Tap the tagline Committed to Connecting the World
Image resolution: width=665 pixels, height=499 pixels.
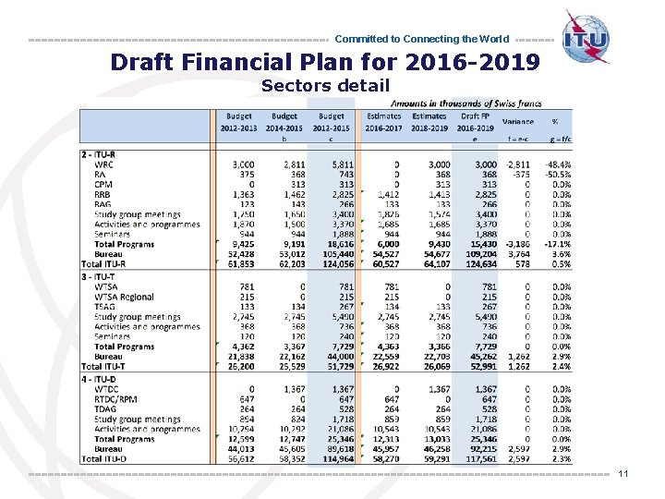(421, 39)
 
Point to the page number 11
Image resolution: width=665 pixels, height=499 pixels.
(623, 474)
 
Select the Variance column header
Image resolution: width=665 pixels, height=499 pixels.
(517, 122)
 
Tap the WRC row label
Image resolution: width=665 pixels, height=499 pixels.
(103, 164)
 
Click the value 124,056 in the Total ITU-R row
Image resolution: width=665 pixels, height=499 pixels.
(333, 264)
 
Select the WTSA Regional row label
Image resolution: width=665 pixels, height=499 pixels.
(124, 297)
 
